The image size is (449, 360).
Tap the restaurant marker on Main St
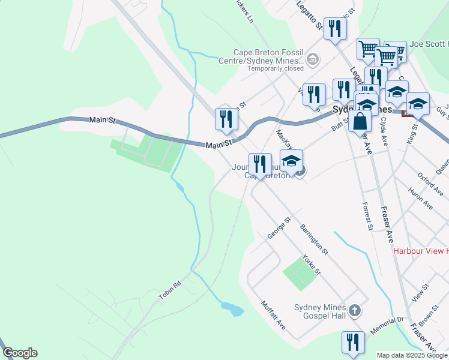point(226,118)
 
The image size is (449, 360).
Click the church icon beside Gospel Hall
point(355,310)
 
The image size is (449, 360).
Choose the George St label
point(279,228)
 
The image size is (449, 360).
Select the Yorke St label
point(311,263)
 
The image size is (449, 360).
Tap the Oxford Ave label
point(430,184)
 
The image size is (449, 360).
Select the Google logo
point(20,353)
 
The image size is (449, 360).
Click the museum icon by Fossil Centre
point(313,59)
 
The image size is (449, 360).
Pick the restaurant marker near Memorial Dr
point(353,342)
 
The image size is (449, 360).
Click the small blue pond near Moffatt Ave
point(233,309)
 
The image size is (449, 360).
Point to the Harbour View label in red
point(420,251)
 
